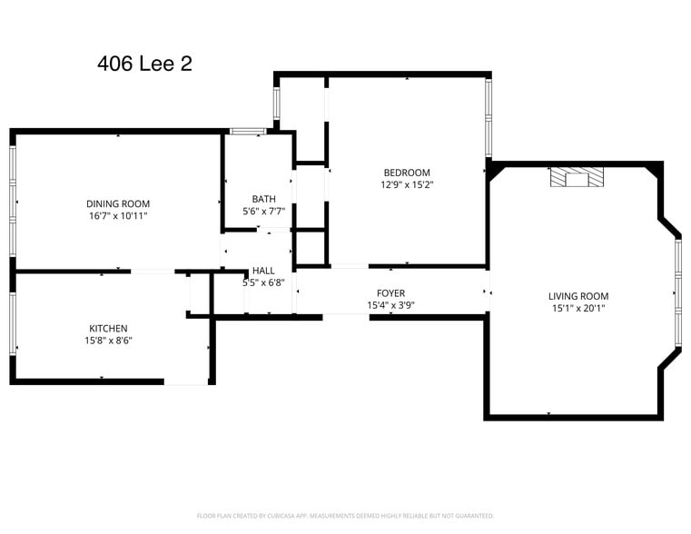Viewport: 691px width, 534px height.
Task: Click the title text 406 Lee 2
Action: pos(144,64)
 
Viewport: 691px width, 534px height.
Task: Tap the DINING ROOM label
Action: pos(118,203)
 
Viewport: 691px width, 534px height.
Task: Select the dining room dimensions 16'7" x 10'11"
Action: pos(118,216)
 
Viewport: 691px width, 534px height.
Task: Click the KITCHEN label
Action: pos(108,328)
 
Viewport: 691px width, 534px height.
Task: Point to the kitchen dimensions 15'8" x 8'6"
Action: pos(108,341)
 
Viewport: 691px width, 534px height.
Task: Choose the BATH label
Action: pos(263,199)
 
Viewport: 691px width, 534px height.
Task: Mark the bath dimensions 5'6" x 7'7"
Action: pos(263,211)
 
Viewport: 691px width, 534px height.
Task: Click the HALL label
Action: pos(263,271)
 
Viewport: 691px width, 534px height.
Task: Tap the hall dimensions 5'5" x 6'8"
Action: pos(263,282)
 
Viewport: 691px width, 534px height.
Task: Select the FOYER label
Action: pos(391,293)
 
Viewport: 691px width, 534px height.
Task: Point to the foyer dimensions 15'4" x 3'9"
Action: pos(391,305)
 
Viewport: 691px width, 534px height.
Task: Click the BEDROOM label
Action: pos(407,173)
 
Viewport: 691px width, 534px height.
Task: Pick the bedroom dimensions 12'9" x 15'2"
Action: pos(407,184)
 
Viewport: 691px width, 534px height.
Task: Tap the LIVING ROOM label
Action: pos(578,296)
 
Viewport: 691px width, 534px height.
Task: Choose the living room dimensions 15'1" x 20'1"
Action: pos(578,308)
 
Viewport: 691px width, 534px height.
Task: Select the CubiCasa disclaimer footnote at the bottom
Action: pos(345,515)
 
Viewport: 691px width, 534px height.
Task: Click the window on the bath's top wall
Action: pos(246,132)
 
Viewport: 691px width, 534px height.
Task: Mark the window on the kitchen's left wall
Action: pos(13,321)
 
